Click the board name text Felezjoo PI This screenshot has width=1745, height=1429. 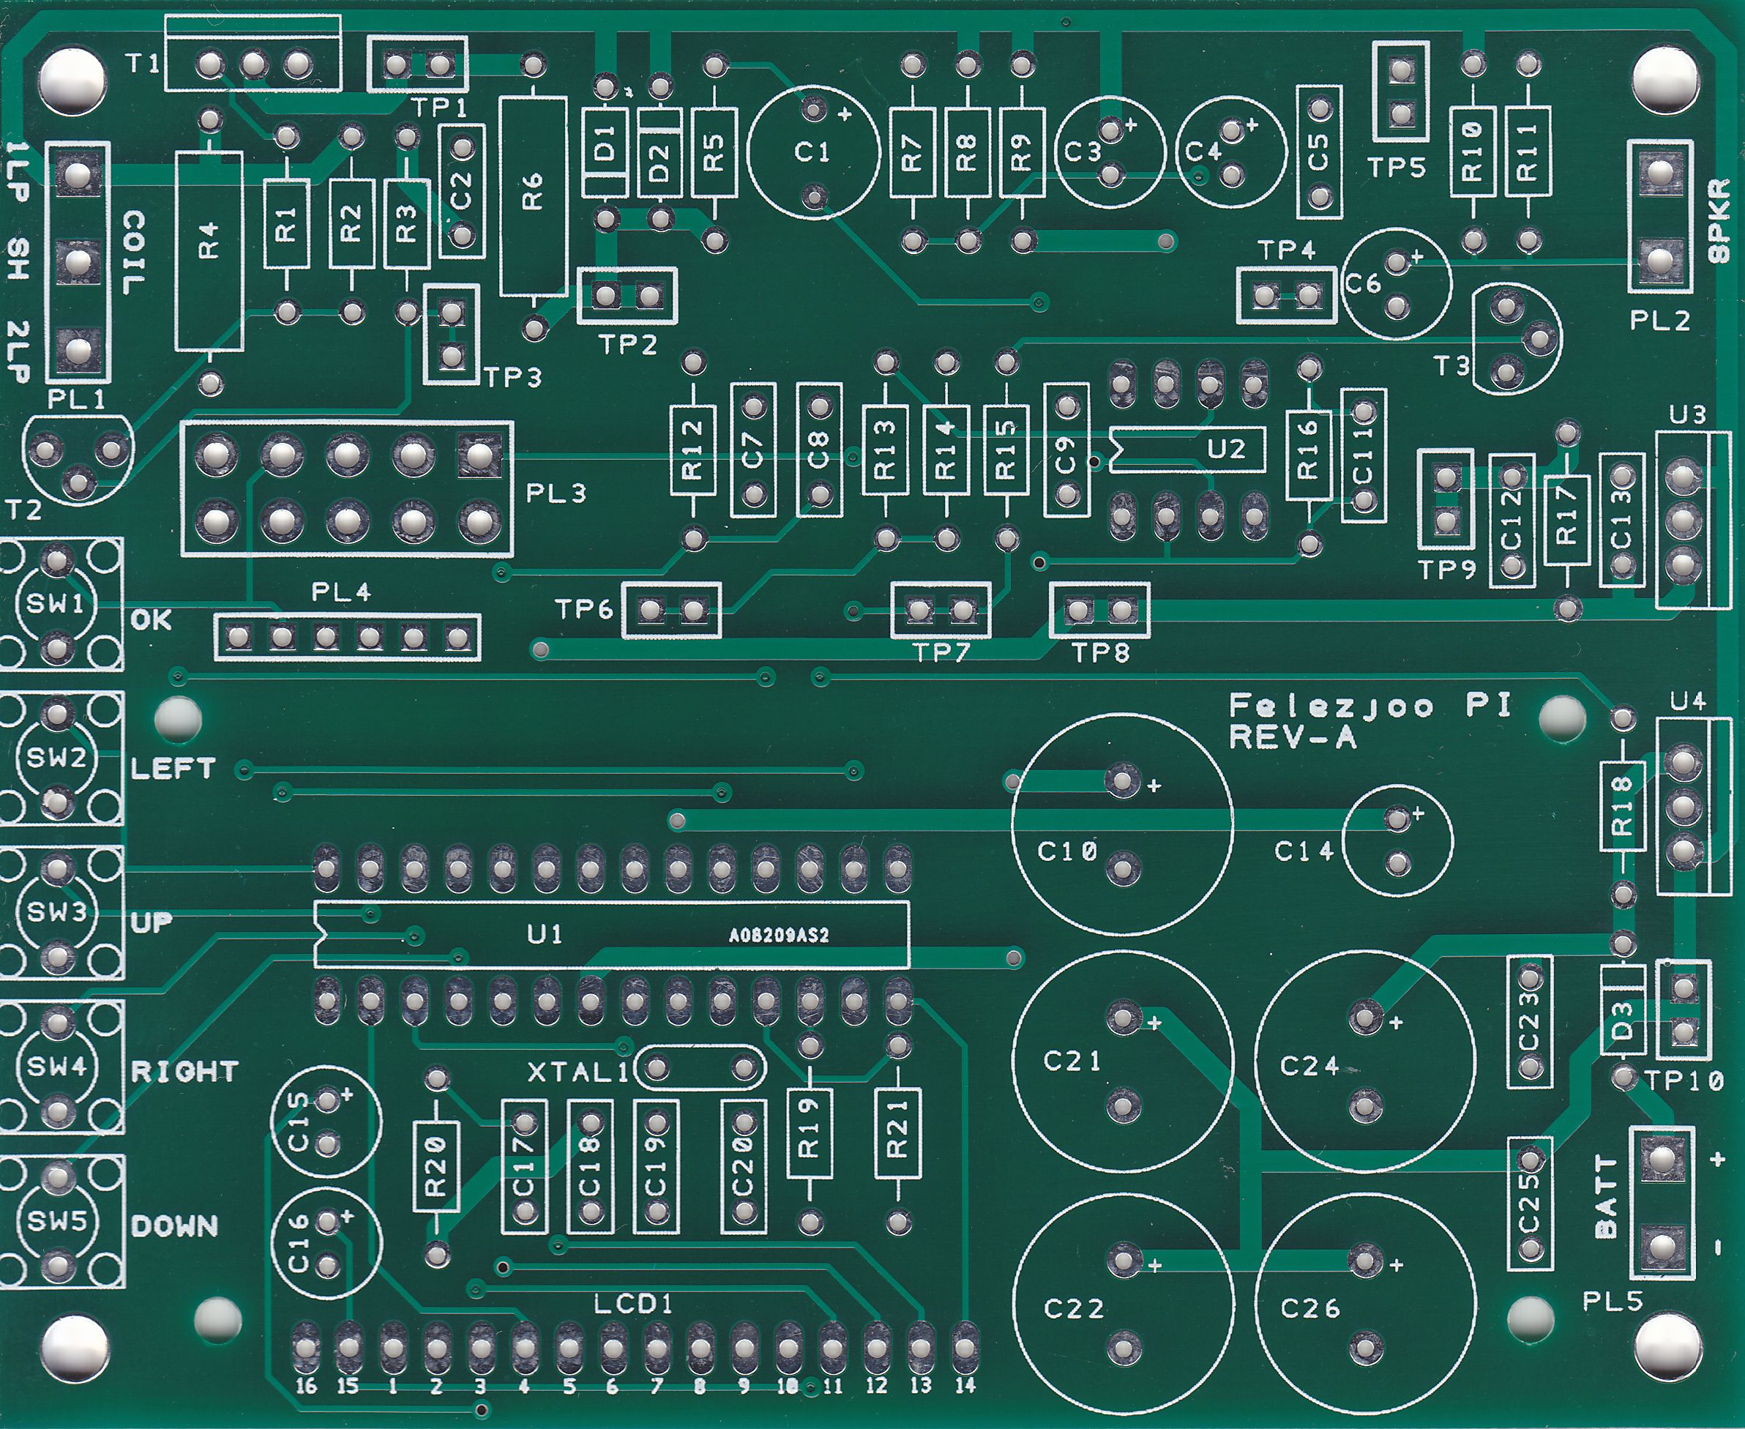click(x=1370, y=706)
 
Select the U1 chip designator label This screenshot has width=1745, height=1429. click(x=544, y=934)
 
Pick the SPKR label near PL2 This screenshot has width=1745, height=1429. click(x=1719, y=220)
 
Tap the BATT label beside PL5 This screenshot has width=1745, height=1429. click(x=1607, y=1196)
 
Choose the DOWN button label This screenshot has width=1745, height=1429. click(x=174, y=1226)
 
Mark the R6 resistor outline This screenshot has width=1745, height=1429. click(x=534, y=196)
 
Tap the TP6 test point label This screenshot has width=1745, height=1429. click(x=583, y=609)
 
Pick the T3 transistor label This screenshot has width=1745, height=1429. click(x=1451, y=365)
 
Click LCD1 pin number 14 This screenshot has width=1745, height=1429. click(x=965, y=1385)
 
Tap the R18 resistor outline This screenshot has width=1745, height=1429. click(x=1621, y=805)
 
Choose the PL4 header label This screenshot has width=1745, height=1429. click(x=341, y=592)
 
